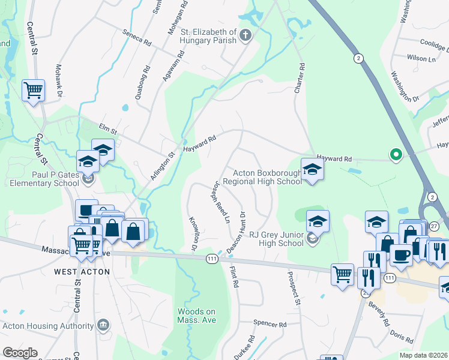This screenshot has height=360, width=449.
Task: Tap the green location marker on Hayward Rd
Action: pos(396,155)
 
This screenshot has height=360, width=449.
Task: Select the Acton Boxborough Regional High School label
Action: pos(262,177)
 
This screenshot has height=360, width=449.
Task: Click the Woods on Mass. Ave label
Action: pos(196,316)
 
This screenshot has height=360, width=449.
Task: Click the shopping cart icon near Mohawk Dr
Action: pos(33,91)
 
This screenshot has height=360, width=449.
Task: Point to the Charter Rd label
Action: pos(299,79)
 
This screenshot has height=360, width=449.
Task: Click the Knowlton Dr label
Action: pos(193,234)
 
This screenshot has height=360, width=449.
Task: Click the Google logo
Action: pos(20,353)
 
